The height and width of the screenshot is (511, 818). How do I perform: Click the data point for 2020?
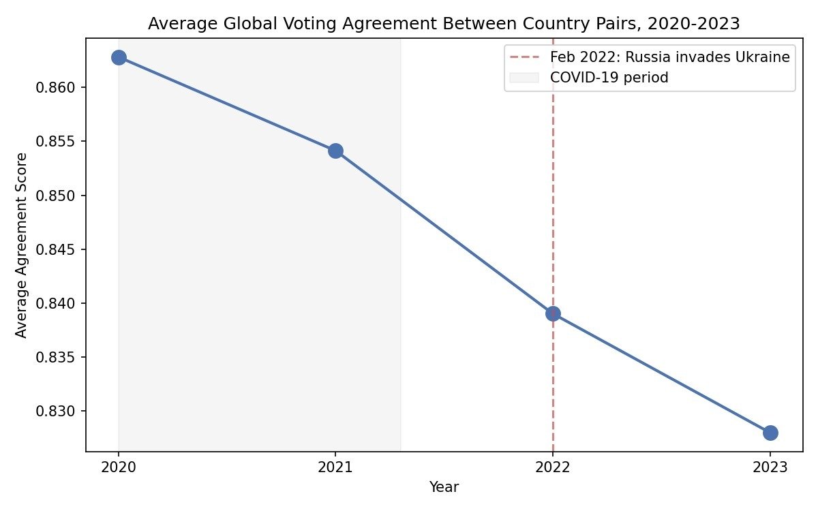(119, 58)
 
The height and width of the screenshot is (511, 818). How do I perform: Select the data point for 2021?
(335, 151)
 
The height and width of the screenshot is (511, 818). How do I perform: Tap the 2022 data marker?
(553, 313)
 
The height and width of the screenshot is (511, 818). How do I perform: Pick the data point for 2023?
(770, 433)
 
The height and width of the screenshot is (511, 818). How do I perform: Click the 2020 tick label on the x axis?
(119, 467)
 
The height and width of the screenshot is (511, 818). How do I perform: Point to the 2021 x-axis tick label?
(335, 467)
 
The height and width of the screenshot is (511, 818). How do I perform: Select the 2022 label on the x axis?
(553, 467)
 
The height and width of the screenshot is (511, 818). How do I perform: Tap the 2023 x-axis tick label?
(770, 467)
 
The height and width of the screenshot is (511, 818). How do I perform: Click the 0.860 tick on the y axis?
(55, 88)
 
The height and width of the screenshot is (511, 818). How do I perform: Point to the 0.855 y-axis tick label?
(55, 142)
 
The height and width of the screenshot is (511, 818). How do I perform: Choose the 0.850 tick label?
(55, 196)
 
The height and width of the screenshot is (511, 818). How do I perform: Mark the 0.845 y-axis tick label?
(55, 249)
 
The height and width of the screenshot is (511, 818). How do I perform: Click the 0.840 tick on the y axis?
(55, 303)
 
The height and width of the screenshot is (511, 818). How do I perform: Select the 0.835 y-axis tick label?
(55, 357)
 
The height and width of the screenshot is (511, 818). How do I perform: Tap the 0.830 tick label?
(55, 412)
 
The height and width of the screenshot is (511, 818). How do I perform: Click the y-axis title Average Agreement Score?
(21, 245)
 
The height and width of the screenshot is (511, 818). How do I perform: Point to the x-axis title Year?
(444, 487)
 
